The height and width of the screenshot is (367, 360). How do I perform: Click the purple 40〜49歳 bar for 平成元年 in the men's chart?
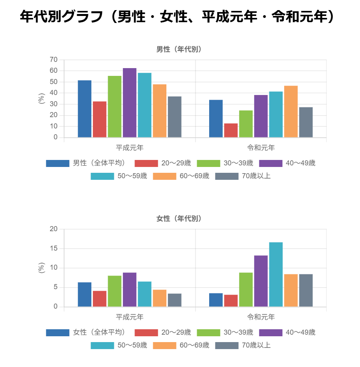pos(129,103)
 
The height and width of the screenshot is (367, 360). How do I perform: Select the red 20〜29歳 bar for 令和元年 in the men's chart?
pos(231,130)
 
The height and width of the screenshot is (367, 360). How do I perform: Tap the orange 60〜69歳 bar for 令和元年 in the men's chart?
pos(291,112)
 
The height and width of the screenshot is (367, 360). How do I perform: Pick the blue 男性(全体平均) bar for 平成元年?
pos(84,109)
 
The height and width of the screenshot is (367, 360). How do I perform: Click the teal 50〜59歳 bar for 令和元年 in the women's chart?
pos(276,274)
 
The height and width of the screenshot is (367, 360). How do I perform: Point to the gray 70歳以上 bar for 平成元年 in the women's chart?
pos(175,300)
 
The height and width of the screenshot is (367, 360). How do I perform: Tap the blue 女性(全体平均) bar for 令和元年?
pos(216,300)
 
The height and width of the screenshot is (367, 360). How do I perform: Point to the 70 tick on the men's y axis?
pos(54,60)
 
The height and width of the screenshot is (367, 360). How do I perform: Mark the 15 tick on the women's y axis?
pos(54,248)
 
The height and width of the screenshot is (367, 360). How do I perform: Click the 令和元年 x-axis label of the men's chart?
pos(261,148)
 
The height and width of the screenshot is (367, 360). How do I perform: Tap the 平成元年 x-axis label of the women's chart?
pos(130,317)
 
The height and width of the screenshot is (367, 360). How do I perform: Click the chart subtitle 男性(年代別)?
pos(179,49)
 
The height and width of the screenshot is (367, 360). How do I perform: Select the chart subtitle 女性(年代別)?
pos(179,219)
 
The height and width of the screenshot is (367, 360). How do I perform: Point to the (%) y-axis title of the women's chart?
pos(42,268)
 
